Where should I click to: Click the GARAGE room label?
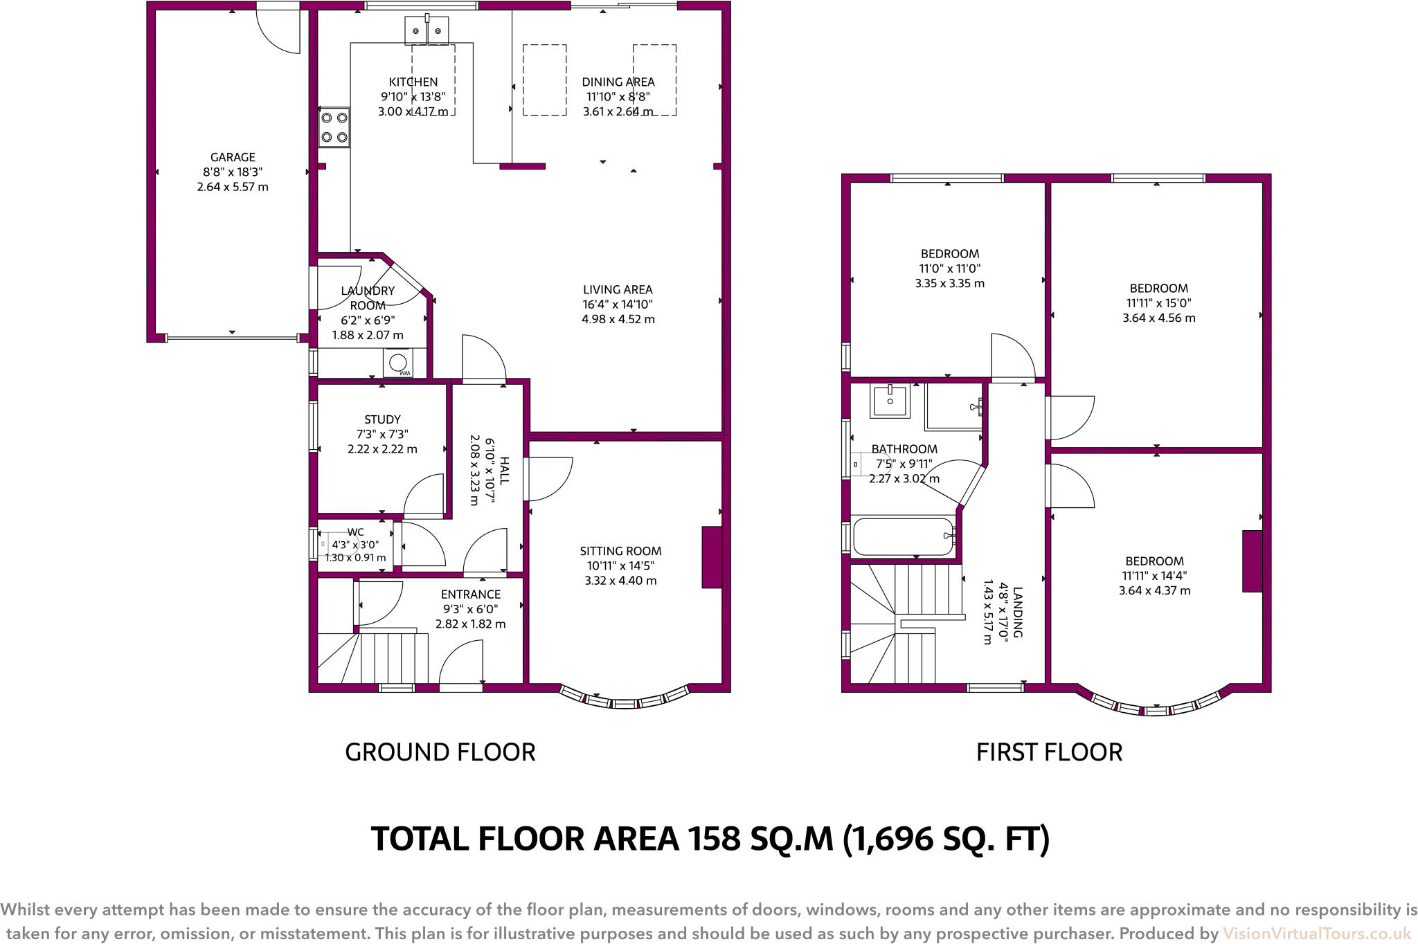click(233, 157)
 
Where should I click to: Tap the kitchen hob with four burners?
click(334, 127)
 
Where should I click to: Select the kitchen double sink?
click(427, 30)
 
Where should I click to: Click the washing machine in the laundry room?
click(398, 363)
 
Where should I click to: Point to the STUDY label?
click(382, 419)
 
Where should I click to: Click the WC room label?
click(355, 532)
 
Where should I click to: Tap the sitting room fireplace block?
click(712, 557)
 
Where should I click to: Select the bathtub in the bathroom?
click(903, 536)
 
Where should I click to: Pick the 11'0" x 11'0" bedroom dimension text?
click(950, 269)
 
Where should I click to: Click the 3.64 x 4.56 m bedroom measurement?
click(1159, 318)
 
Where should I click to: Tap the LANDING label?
click(1017, 612)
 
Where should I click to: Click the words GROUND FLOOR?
click(440, 752)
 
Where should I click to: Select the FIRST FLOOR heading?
click(1049, 752)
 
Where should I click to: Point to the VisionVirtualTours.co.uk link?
click(1316, 934)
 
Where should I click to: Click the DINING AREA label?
click(618, 82)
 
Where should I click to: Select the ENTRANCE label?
click(471, 594)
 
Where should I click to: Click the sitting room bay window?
click(625, 701)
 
